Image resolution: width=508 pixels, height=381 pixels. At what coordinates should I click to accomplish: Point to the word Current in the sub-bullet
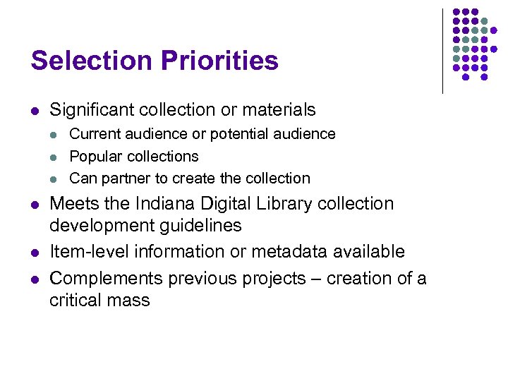[x=94, y=133]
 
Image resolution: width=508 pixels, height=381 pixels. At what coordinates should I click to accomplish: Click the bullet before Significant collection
[x=35, y=111]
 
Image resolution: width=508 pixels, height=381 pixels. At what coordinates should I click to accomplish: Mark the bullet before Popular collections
[x=56, y=157]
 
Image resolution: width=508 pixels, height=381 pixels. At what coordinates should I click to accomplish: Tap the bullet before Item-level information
[x=35, y=253]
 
